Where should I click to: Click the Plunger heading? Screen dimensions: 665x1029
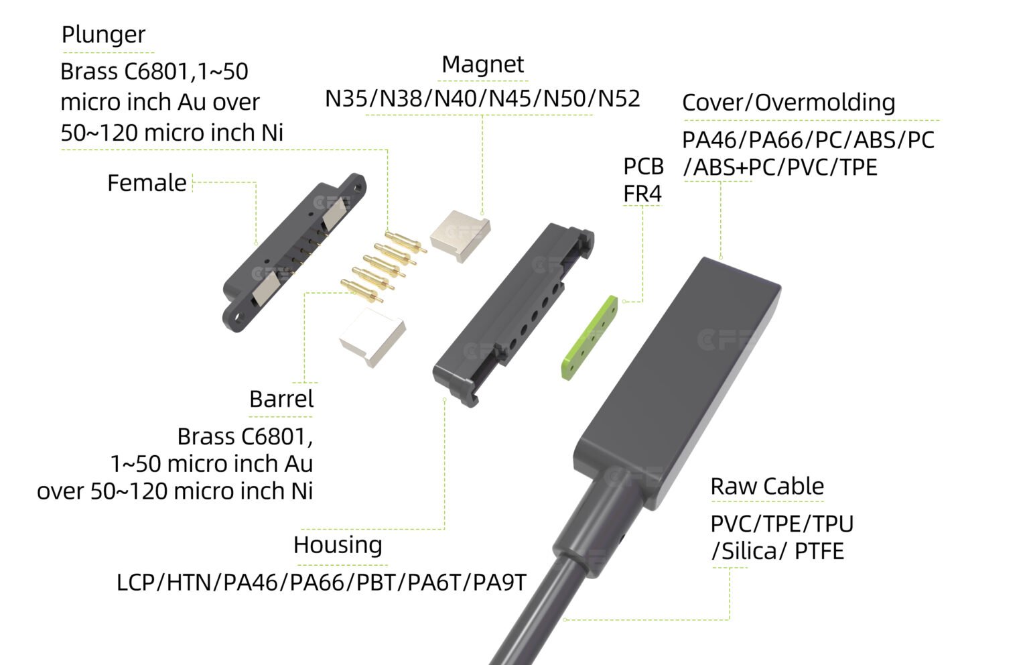103,35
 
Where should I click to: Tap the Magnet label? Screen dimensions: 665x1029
482,64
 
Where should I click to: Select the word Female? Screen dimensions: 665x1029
147,183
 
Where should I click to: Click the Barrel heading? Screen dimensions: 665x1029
281,399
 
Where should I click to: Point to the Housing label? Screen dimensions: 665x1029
338,545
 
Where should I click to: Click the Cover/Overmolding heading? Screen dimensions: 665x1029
788,103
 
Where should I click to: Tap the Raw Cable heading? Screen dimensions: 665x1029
767,486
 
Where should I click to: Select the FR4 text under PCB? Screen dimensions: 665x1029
642,194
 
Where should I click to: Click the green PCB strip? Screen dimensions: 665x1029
589,338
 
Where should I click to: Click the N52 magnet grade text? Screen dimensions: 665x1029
619,99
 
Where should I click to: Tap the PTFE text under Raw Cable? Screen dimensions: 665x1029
819,552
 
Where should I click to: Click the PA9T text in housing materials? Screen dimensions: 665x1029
500,582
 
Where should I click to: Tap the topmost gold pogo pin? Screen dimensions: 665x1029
406,239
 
